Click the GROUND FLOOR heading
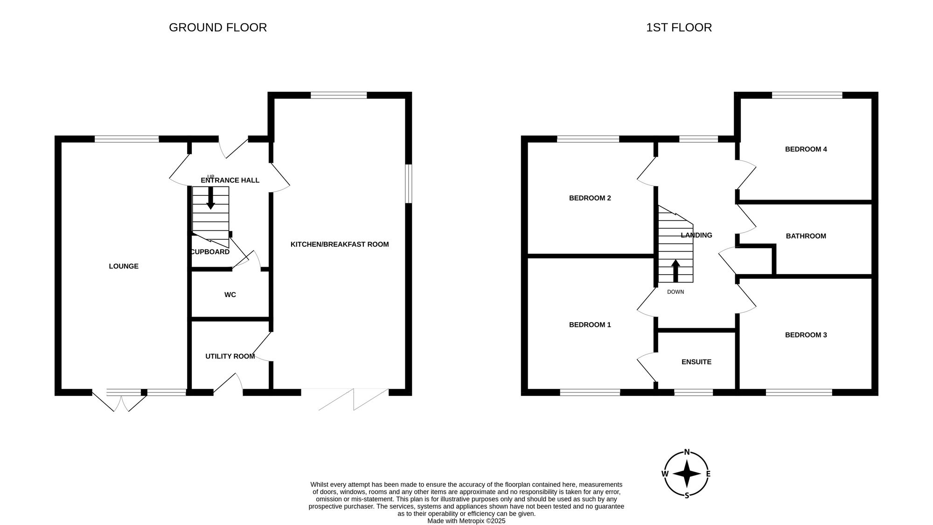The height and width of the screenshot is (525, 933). (x=218, y=28)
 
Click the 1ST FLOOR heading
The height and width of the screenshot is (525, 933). (x=679, y=28)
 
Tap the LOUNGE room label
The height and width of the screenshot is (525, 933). (x=124, y=266)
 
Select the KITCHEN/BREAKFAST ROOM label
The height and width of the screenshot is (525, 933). (x=340, y=244)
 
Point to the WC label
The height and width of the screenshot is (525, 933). (x=230, y=295)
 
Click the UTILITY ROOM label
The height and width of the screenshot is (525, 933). (x=230, y=356)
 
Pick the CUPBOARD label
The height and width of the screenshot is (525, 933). (x=210, y=252)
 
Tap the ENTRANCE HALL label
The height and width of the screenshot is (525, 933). (x=230, y=180)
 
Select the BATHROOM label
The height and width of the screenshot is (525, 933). (x=806, y=236)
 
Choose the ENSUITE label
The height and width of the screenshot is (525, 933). (x=696, y=362)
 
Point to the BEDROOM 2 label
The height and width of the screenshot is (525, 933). (x=590, y=198)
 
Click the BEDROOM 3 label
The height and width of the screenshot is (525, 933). (x=806, y=335)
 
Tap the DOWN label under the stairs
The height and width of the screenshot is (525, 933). (x=675, y=292)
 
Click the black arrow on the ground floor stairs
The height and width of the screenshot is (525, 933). (x=211, y=198)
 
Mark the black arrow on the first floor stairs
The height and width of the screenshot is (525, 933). (x=675, y=271)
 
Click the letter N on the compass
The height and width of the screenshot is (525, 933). (x=687, y=451)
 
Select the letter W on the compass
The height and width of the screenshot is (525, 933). (x=665, y=474)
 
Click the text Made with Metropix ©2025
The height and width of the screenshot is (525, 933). (x=466, y=521)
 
